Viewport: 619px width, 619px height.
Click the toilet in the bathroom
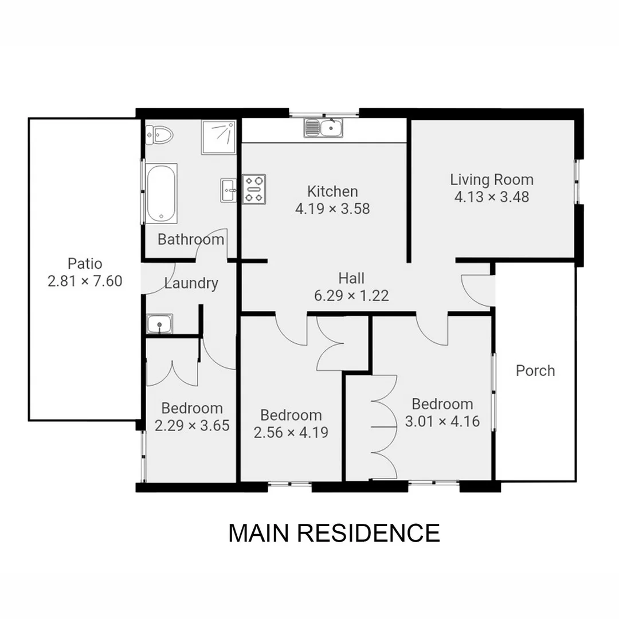point(160,135)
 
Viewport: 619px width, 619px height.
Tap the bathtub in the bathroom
point(161,193)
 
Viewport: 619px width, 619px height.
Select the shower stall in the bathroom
point(218,137)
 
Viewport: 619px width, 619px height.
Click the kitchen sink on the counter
point(324,128)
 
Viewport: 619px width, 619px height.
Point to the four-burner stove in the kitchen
point(254,189)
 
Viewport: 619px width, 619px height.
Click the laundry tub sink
point(159,324)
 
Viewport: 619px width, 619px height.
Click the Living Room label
point(491,179)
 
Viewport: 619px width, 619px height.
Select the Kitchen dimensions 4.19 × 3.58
point(332,209)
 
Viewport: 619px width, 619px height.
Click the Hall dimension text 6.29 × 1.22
point(351,296)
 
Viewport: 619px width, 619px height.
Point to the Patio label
point(85,264)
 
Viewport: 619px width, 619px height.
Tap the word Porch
point(535,370)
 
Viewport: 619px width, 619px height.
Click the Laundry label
point(191,283)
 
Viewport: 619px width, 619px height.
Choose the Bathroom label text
point(191,239)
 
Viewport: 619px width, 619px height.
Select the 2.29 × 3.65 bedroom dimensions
point(192,426)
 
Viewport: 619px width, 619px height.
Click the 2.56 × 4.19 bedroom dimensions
point(291,432)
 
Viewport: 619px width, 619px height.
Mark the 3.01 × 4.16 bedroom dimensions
point(442,421)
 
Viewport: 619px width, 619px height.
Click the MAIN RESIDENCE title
point(334,532)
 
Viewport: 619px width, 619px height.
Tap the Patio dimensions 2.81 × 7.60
point(85,281)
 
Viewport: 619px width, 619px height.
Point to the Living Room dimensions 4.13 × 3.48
point(491,197)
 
